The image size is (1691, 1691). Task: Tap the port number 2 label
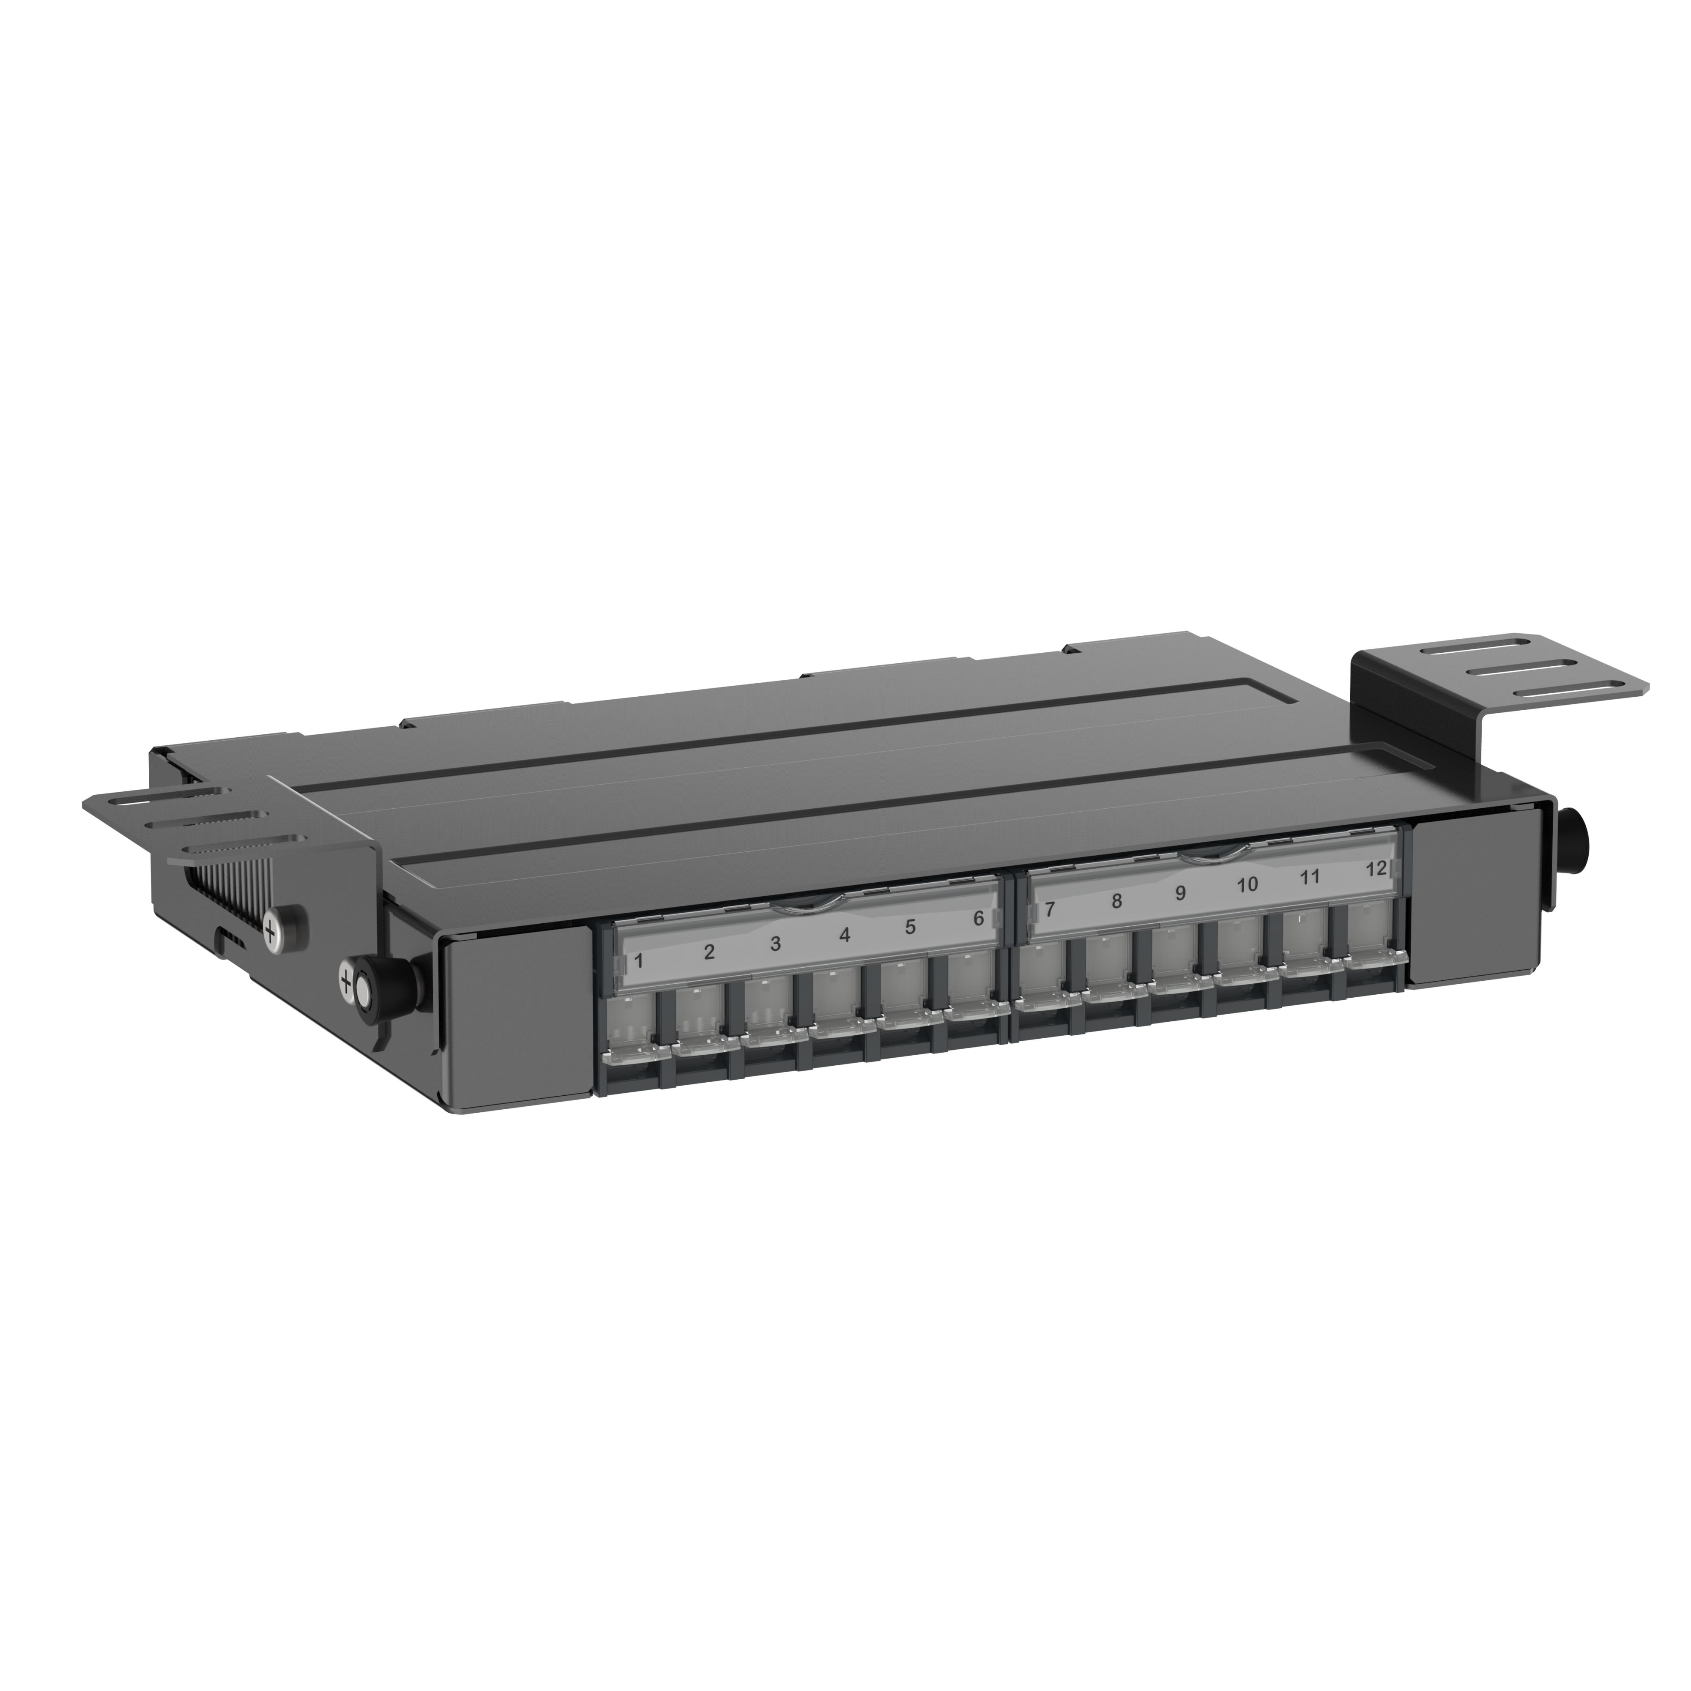709,952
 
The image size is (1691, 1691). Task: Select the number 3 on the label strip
775,944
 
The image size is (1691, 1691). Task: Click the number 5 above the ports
910,927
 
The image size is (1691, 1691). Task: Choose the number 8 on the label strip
1116,902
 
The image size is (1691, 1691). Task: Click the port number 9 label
1180,894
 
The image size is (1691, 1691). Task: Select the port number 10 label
1247,885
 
